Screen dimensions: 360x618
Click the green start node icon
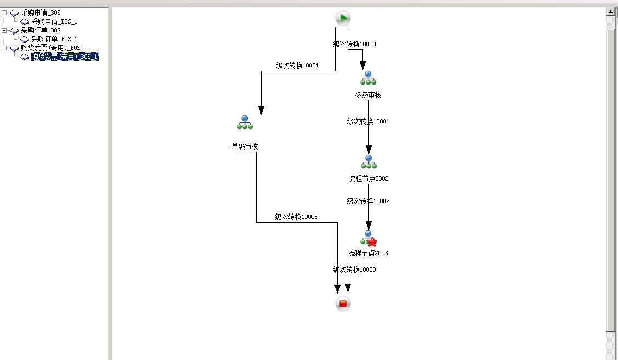point(343,19)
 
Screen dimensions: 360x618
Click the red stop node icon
point(343,303)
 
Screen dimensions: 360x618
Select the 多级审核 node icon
point(368,78)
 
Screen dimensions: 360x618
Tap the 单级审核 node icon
point(245,123)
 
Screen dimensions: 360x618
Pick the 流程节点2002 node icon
point(368,162)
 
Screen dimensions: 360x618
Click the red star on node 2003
point(372,242)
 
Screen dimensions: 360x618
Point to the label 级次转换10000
point(354,44)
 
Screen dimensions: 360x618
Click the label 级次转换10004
point(297,65)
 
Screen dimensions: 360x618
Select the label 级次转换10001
point(367,121)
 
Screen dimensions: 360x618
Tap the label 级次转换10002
point(367,201)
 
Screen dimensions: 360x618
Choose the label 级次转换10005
point(296,217)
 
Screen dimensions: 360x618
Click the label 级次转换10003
point(354,269)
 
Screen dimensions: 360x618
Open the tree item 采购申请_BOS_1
point(54,21)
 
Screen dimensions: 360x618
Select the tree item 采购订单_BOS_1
point(54,39)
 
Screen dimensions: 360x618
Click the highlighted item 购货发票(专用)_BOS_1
point(64,57)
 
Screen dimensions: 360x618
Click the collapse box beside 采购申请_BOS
point(4,13)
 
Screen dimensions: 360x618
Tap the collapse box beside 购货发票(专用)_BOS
point(4,48)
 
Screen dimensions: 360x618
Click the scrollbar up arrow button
point(611,12)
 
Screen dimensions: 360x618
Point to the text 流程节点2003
point(368,253)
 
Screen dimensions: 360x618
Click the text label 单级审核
point(245,147)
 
